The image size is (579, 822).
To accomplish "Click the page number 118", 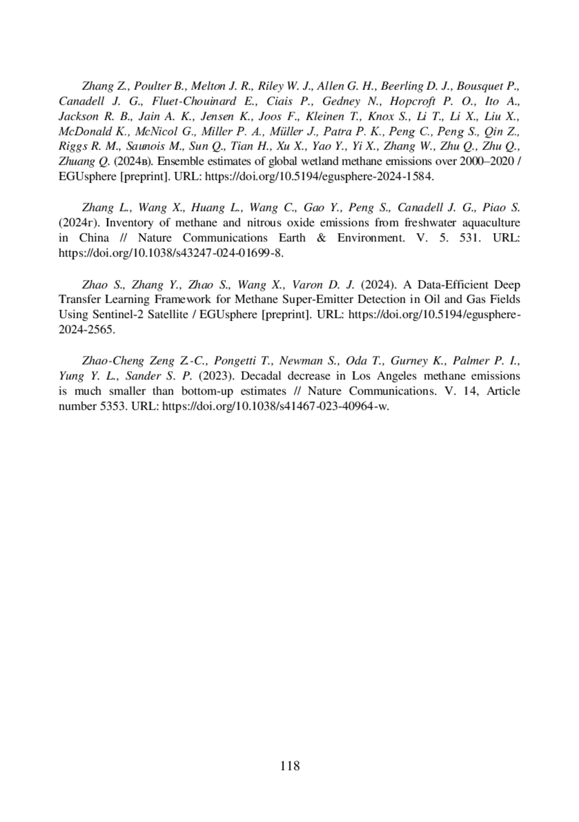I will (289, 766).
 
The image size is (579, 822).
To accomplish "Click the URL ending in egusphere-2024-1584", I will (319, 176).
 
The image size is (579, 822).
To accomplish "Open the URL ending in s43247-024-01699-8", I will (170, 253).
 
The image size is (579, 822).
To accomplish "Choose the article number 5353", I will (113, 406).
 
